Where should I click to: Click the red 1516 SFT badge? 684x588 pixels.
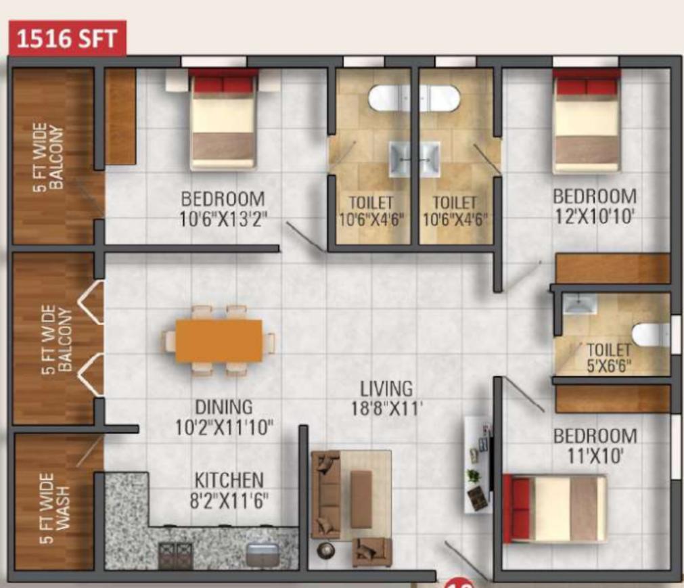[68, 39]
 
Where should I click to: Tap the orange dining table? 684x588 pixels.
[219, 340]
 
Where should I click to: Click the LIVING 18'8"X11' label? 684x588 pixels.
[386, 399]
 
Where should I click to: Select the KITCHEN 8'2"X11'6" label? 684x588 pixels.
[229, 491]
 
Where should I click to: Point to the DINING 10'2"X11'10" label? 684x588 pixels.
[224, 417]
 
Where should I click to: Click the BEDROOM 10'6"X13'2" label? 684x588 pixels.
[223, 209]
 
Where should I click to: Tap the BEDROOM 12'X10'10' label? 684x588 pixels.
[595, 206]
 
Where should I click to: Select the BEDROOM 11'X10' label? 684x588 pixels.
[595, 446]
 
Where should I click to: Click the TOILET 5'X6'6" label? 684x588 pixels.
[609, 358]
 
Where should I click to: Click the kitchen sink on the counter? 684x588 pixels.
[263, 554]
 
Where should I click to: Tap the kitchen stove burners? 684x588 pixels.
[175, 556]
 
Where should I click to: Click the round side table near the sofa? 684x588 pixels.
[326, 551]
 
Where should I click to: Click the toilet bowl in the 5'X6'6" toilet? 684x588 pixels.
[650, 334]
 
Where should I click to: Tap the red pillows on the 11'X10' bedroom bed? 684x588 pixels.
[517, 509]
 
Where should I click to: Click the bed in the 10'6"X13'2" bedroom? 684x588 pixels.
[223, 121]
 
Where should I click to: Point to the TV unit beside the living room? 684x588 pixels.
[478, 465]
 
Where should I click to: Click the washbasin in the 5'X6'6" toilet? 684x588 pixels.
[580, 304]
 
